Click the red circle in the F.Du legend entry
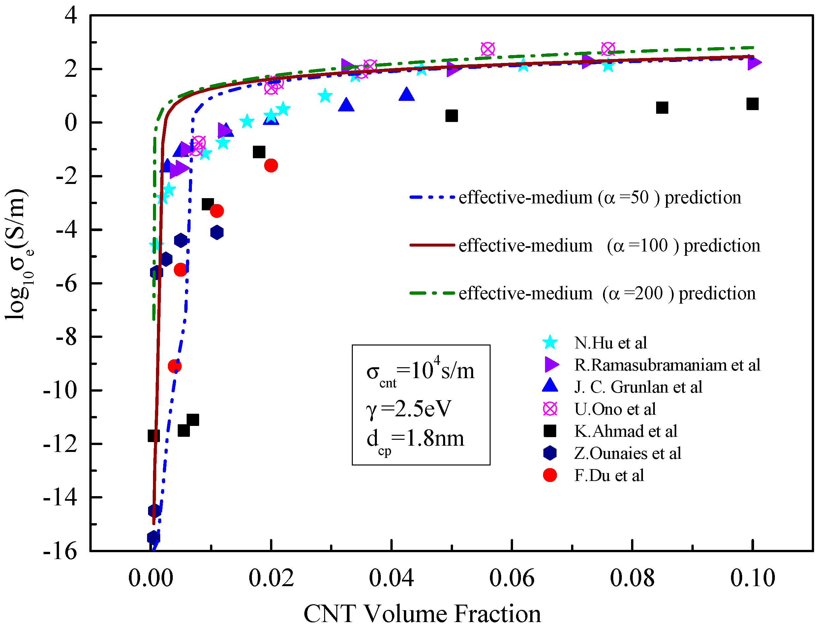[x=550, y=475]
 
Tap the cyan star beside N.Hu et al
[x=550, y=343]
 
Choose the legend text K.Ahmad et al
[x=625, y=431]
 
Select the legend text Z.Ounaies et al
[x=627, y=453]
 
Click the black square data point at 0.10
[x=752, y=104]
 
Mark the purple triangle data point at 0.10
[x=753, y=62]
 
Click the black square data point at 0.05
[x=451, y=116]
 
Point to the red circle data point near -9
[x=175, y=366]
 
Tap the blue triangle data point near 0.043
[x=407, y=95]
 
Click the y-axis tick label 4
[x=71, y=16]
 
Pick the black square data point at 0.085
[x=662, y=108]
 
